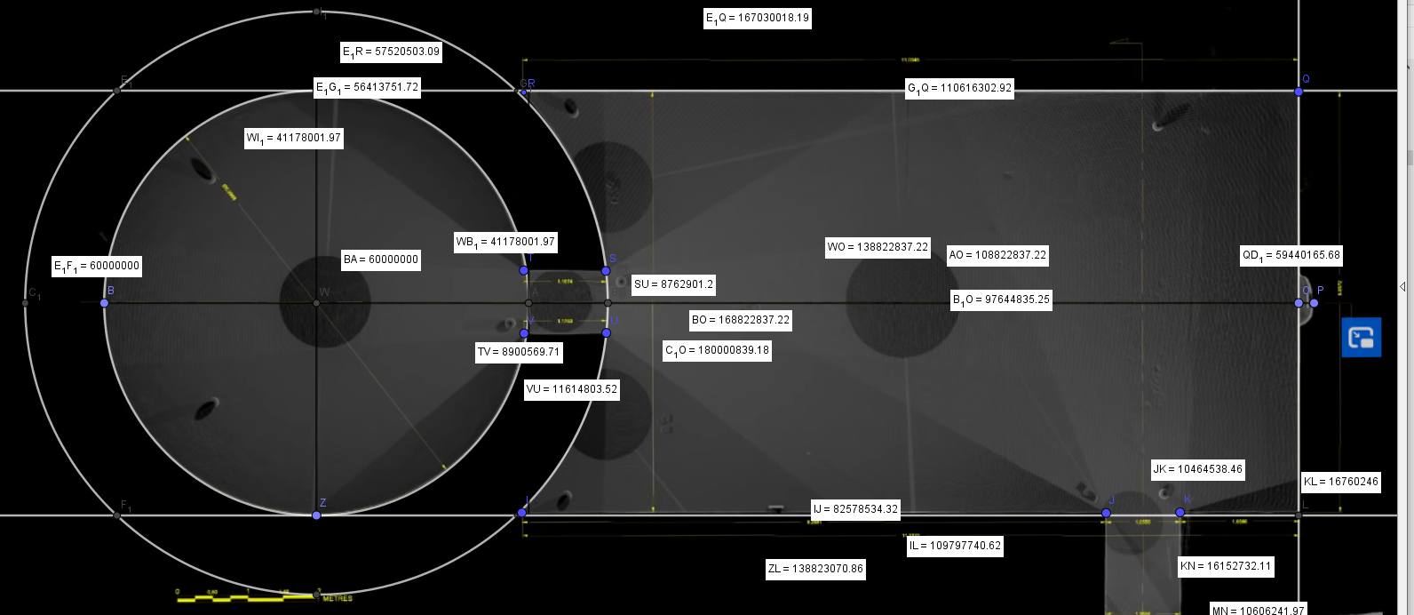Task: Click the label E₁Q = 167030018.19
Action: tap(758, 18)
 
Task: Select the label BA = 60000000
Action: tap(381, 260)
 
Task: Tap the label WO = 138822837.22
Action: tap(878, 247)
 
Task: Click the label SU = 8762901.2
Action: tap(673, 285)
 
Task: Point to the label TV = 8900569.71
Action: tap(519, 352)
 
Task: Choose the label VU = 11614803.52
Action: tap(571, 389)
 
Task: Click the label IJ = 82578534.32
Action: tap(855, 509)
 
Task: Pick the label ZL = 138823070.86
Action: tap(815, 569)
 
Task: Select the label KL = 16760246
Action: tap(1341, 482)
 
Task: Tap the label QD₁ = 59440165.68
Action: tap(1291, 256)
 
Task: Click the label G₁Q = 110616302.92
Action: tap(958, 88)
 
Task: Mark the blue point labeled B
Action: tap(104, 303)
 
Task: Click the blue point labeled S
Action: tap(606, 271)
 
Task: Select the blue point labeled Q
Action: tap(1299, 91)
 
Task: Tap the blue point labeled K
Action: tap(1180, 513)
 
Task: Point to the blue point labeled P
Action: tap(1314, 303)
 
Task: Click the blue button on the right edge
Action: tap(1361, 338)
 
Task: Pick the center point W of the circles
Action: tap(317, 303)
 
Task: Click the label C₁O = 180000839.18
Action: tap(718, 350)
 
